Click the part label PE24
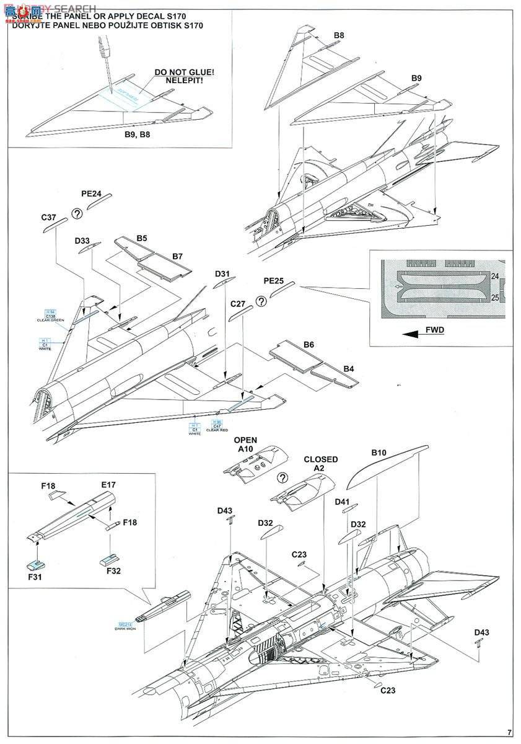[x=92, y=194]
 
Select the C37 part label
[x=49, y=217]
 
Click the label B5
[x=142, y=237]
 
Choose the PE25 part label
[x=274, y=281]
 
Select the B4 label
[x=349, y=369]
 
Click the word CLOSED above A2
[x=320, y=459]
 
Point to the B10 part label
[x=379, y=453]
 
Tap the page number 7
[x=509, y=732]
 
